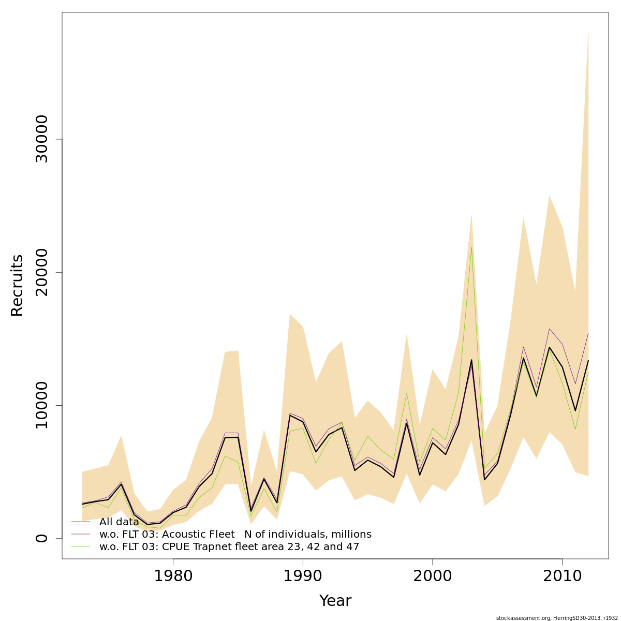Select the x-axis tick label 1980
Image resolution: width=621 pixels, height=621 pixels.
coord(173,576)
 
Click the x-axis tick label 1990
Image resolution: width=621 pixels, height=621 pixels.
coord(303,576)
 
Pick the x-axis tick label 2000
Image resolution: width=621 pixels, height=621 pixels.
coord(433,576)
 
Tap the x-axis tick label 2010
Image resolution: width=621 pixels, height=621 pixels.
coord(562,576)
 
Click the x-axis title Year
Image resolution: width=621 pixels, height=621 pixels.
coord(335,601)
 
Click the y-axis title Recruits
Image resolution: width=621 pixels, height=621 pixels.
coord(17,285)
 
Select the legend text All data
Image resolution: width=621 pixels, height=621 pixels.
coord(119,522)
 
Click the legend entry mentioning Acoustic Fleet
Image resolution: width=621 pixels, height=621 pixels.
coord(235,535)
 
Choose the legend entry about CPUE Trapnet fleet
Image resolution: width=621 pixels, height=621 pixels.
coord(229,547)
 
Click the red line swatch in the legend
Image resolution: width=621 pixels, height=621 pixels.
coord(81,522)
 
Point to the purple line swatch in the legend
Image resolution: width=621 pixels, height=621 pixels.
coord(81,534)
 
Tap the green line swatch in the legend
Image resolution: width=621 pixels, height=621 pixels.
coord(81,546)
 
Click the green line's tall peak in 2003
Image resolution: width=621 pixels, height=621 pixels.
coord(471,247)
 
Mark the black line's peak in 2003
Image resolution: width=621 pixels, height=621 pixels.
coord(471,360)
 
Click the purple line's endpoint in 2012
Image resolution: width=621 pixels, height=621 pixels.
coord(588,333)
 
